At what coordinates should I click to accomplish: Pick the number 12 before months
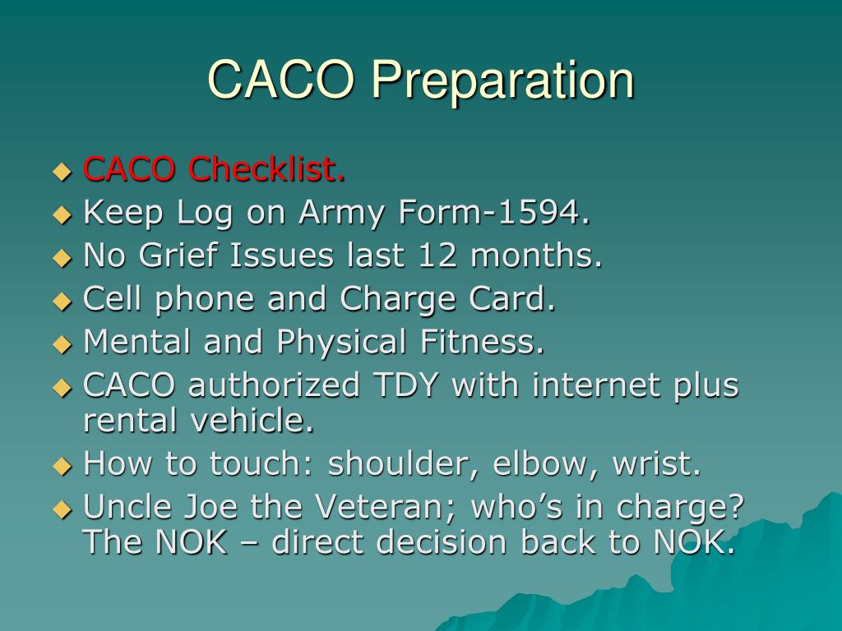(438, 256)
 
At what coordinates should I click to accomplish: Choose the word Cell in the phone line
(109, 299)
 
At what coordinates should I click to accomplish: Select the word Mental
(138, 342)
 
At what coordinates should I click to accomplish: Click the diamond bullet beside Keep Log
(62, 215)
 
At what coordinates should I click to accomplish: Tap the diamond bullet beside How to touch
(62, 467)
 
